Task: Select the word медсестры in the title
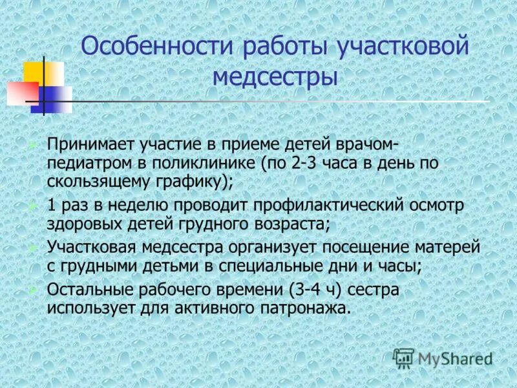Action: (x=275, y=78)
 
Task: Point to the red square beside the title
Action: (x=21, y=93)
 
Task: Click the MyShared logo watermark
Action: (x=443, y=358)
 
